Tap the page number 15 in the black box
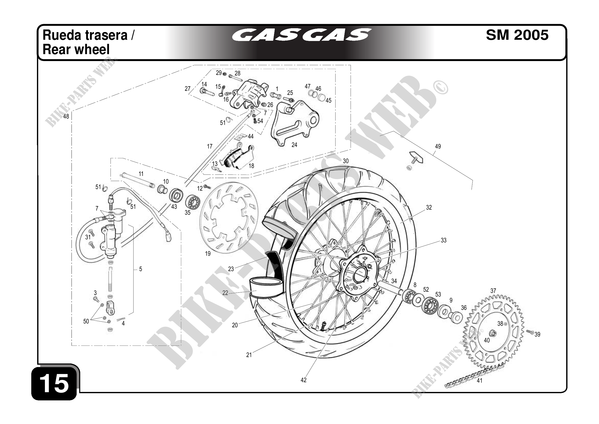(x=54, y=383)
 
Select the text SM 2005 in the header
(x=517, y=35)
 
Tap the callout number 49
(x=438, y=146)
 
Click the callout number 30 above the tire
(x=346, y=161)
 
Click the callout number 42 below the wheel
(x=303, y=380)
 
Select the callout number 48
(x=66, y=116)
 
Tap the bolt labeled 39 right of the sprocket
(x=529, y=332)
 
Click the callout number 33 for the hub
(x=443, y=240)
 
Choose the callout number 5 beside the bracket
(x=140, y=269)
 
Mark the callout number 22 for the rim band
(x=225, y=293)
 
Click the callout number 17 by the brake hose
(x=210, y=146)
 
